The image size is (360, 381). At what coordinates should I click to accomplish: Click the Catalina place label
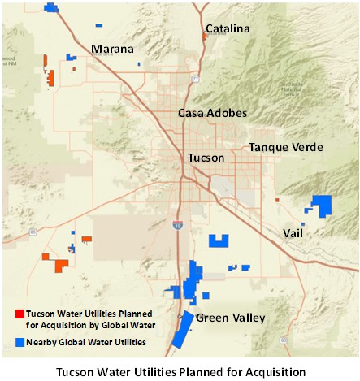pos(228,29)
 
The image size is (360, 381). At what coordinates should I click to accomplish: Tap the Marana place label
pos(112,49)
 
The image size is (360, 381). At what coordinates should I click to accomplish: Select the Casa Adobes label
pos(212,113)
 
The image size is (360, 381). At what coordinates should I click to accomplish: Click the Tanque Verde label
pos(286,147)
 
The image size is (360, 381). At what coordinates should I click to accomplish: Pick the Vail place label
pos(297,232)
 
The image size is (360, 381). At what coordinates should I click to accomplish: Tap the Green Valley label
pos(231,318)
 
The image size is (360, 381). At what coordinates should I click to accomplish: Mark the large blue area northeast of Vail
pos(323,205)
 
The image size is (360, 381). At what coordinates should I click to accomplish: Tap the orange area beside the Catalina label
pos(203,36)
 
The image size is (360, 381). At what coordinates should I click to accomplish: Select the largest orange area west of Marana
pos(51,78)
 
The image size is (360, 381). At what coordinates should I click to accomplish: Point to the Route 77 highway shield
pos(195,79)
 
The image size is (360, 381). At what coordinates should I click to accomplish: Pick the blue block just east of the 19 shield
pos(218,240)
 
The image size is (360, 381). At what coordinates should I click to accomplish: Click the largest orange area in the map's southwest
pos(59,265)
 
